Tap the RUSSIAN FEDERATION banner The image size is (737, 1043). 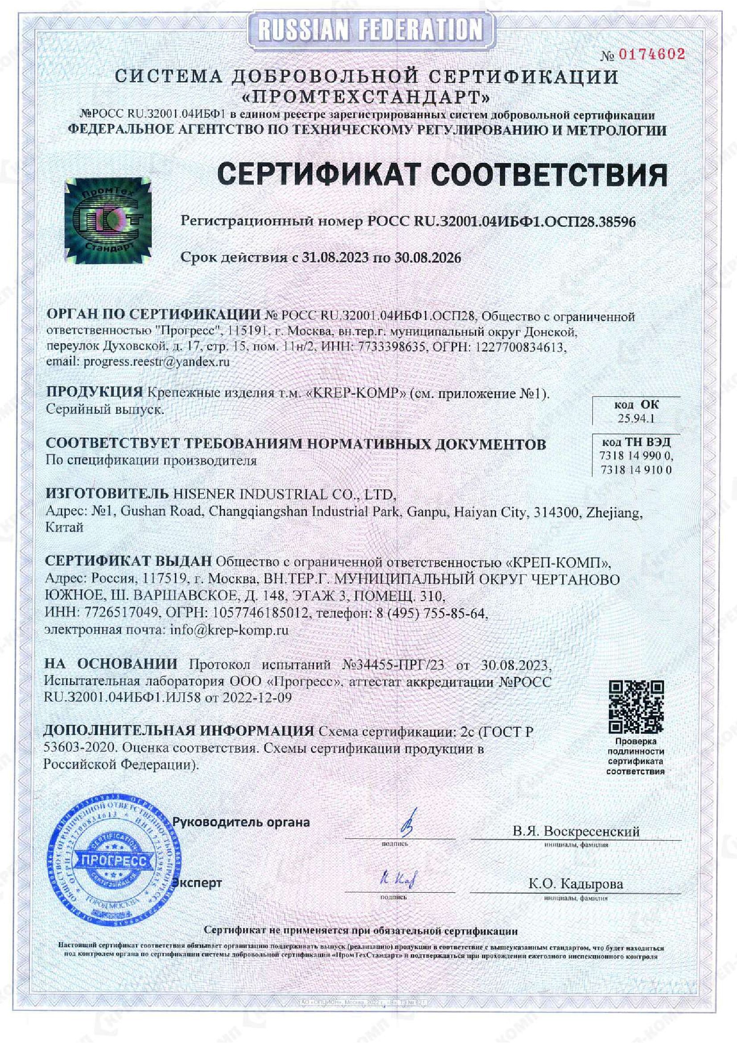tap(369, 30)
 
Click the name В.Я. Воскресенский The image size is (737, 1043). tap(576, 832)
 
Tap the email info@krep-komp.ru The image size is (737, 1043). tap(229, 631)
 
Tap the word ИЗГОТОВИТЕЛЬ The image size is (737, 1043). tap(105, 494)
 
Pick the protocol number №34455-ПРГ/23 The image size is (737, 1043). tap(392, 665)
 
